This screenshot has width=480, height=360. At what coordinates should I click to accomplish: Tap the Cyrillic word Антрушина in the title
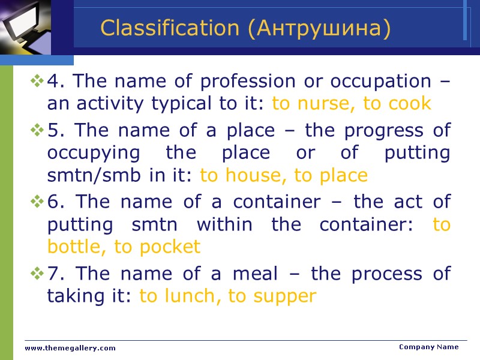pos(318,28)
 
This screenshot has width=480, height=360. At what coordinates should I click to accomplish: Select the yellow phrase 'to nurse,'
pos(314,103)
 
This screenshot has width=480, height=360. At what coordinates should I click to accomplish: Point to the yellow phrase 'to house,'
pos(244,175)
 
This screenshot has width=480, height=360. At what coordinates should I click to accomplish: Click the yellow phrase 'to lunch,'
pos(181,296)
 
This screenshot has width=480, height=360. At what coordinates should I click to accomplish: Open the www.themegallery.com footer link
pos(70,348)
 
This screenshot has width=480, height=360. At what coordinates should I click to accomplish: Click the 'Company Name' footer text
pos(428,347)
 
